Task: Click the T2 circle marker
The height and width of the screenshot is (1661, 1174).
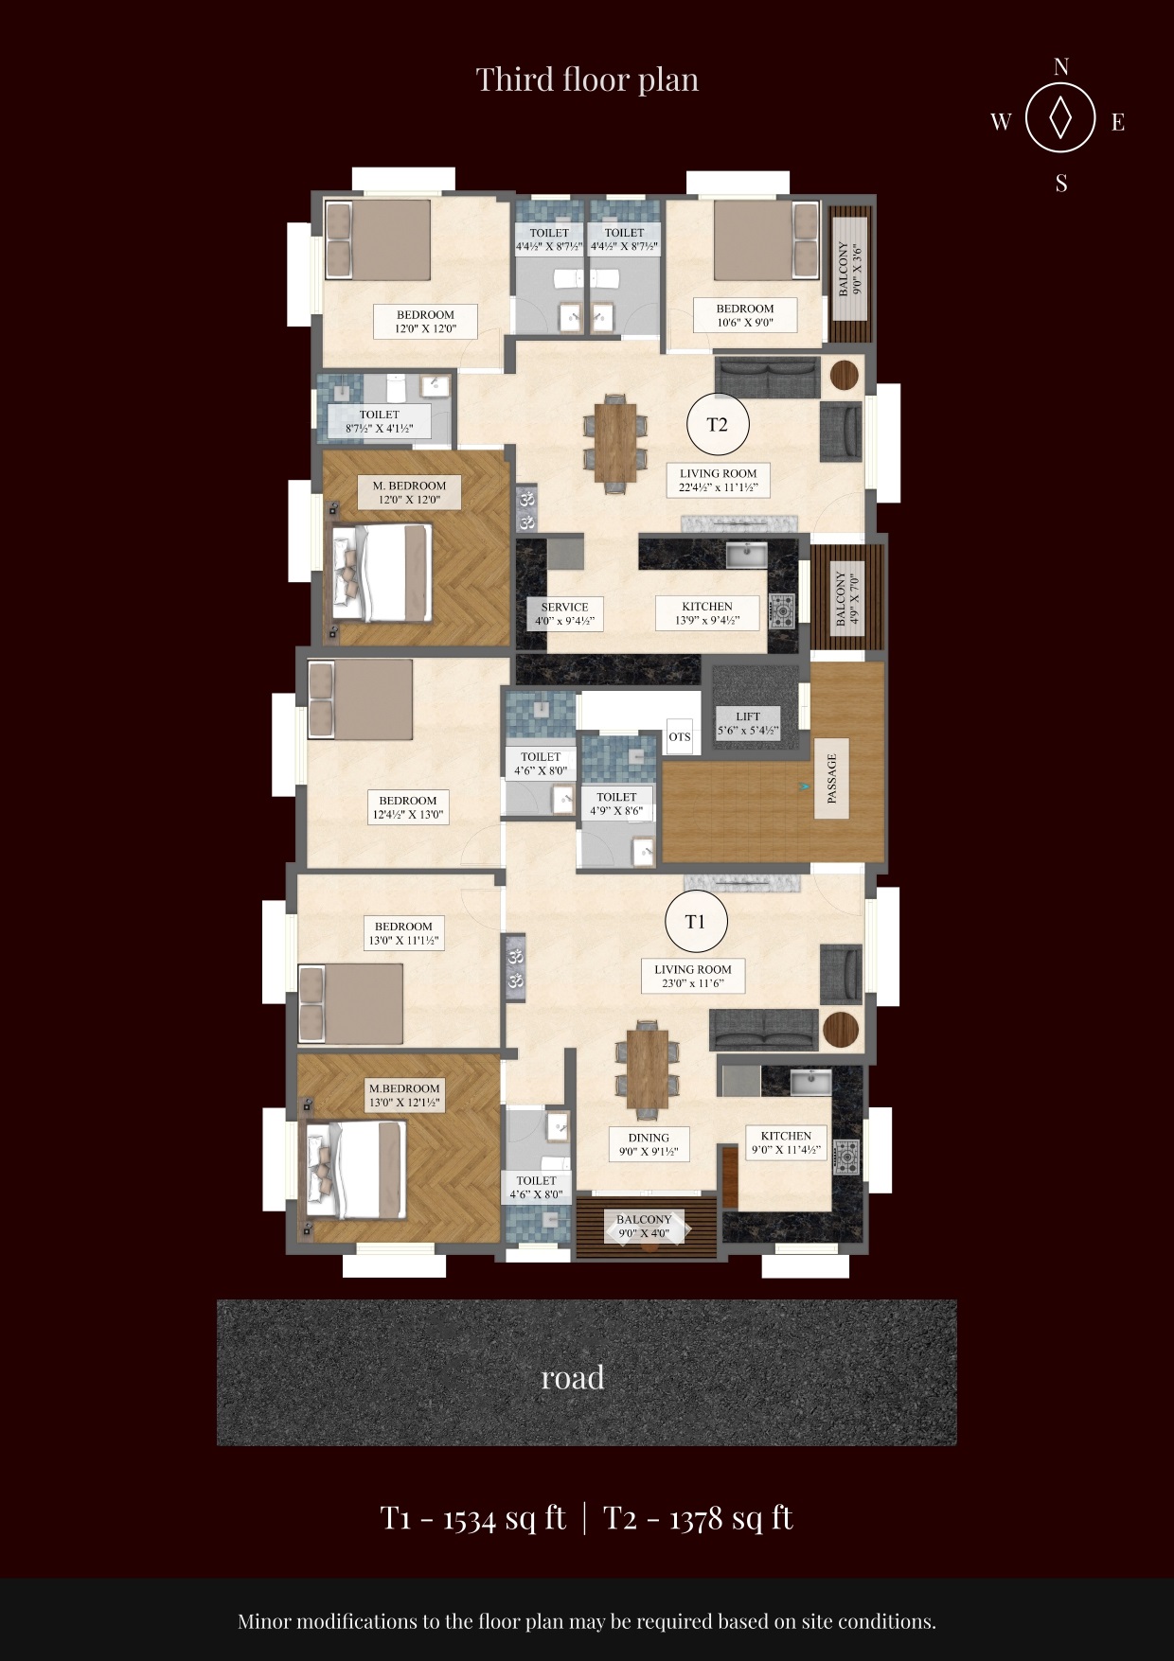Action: tap(718, 425)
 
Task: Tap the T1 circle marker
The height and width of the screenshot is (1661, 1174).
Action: tap(695, 921)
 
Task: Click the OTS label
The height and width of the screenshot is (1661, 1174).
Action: tap(680, 736)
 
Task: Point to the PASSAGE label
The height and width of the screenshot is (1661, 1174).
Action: tap(832, 779)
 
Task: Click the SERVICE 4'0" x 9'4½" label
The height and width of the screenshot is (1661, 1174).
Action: tap(564, 614)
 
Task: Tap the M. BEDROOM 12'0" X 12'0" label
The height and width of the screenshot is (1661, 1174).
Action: tap(409, 492)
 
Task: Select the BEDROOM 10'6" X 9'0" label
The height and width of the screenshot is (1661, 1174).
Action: tap(745, 315)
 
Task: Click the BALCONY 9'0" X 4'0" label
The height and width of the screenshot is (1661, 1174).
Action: tap(644, 1227)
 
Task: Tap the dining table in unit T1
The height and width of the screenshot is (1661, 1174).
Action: tap(647, 1067)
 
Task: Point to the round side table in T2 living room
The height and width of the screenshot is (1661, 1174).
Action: tap(844, 375)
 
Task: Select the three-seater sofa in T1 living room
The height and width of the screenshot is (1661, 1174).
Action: tap(763, 1030)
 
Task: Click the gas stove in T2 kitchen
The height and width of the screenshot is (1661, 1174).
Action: tap(782, 611)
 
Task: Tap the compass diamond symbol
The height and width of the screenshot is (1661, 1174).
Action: tap(1060, 118)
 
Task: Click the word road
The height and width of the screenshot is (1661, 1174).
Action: tap(572, 1377)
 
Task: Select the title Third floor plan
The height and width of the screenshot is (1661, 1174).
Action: tap(587, 80)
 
